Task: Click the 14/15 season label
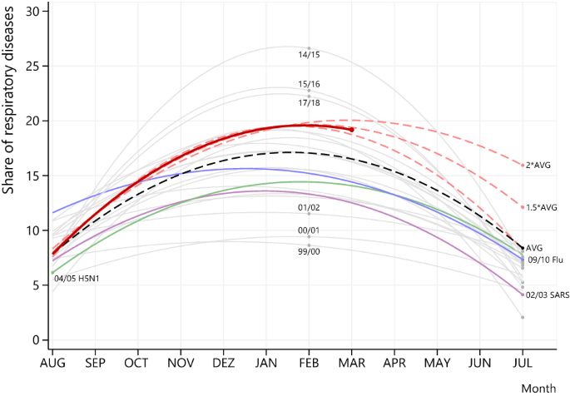309,55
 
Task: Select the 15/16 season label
309,85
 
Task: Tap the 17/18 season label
309,102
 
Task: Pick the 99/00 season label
309,250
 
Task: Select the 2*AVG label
538,166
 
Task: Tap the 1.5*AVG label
543,207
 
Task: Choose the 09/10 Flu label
545,260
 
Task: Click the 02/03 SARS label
548,295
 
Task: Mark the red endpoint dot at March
352,130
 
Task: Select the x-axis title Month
538,389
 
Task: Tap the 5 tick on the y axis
34,285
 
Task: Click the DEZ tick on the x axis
223,363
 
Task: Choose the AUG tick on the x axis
52,363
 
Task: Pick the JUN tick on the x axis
479,363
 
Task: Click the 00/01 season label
309,230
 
